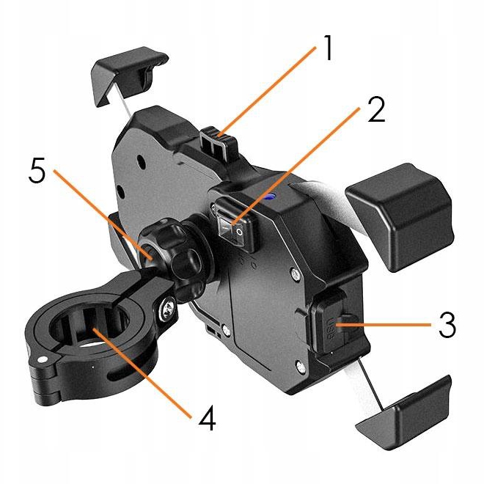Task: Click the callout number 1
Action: pos(328,48)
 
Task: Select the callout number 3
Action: pos(447,325)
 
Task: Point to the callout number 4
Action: pos(207,418)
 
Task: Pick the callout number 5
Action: pos(37,171)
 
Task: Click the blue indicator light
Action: pos(271,195)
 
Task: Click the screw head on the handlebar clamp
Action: pos(169,309)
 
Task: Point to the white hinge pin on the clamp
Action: pos(42,359)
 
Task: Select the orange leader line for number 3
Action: pos(384,325)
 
